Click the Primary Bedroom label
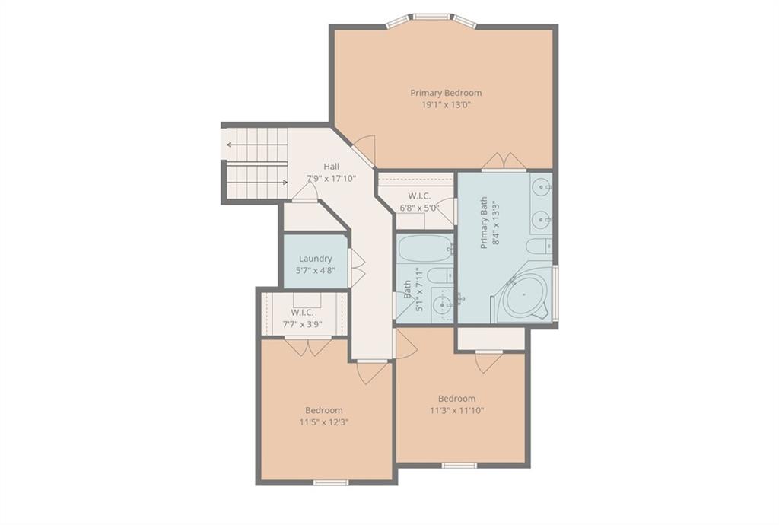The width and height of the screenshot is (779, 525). click(446, 93)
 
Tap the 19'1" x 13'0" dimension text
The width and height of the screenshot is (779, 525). click(446, 105)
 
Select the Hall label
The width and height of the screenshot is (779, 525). click(332, 167)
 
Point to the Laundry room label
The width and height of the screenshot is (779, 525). click(316, 258)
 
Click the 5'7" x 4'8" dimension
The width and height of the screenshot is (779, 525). click(316, 270)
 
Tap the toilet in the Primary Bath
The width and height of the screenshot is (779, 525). click(539, 246)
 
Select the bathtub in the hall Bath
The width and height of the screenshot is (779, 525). click(424, 248)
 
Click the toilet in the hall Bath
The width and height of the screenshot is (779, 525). click(440, 275)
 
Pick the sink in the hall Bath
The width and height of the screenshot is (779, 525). click(441, 304)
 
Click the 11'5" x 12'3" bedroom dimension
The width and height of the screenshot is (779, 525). click(324, 422)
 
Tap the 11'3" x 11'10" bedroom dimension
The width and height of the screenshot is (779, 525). click(456, 410)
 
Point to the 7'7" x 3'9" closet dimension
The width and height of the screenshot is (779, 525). click(303, 324)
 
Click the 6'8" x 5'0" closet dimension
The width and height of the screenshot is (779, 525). click(419, 208)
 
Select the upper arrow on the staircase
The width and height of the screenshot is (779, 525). click(257, 145)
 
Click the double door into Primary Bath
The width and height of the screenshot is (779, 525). click(504, 161)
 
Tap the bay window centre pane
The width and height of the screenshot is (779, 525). click(432, 17)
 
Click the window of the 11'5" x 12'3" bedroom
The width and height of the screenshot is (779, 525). click(332, 482)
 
